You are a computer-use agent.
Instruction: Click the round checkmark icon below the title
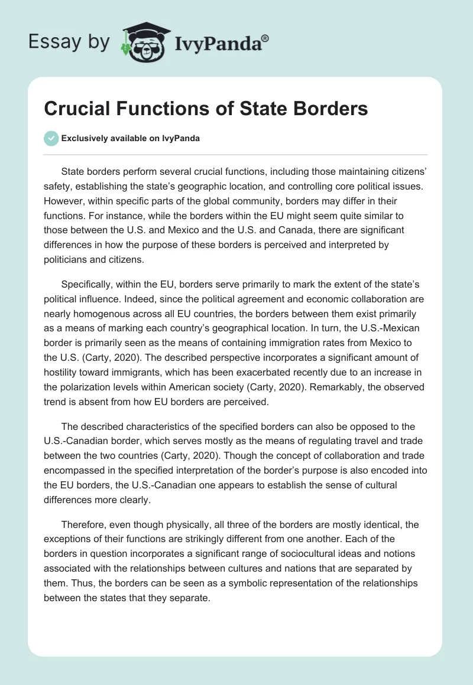point(51,138)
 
